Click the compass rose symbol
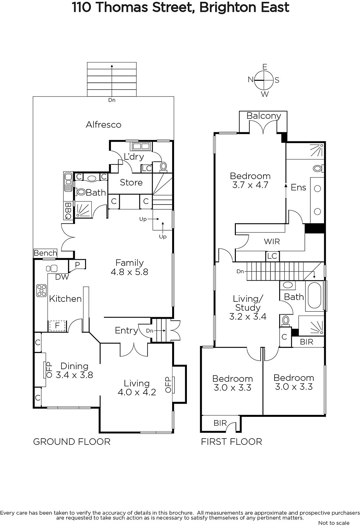click(264, 80)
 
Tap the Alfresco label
click(103, 125)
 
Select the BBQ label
click(68, 211)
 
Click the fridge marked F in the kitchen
click(57, 326)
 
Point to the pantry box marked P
click(77, 264)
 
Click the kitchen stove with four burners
click(41, 291)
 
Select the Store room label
click(131, 182)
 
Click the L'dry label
click(134, 156)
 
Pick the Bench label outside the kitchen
click(45, 253)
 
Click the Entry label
click(126, 330)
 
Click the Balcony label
click(264, 116)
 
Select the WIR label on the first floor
click(272, 241)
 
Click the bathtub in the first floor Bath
click(314, 296)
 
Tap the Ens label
click(299, 187)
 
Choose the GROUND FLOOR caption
click(72, 442)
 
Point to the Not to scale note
click(334, 523)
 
